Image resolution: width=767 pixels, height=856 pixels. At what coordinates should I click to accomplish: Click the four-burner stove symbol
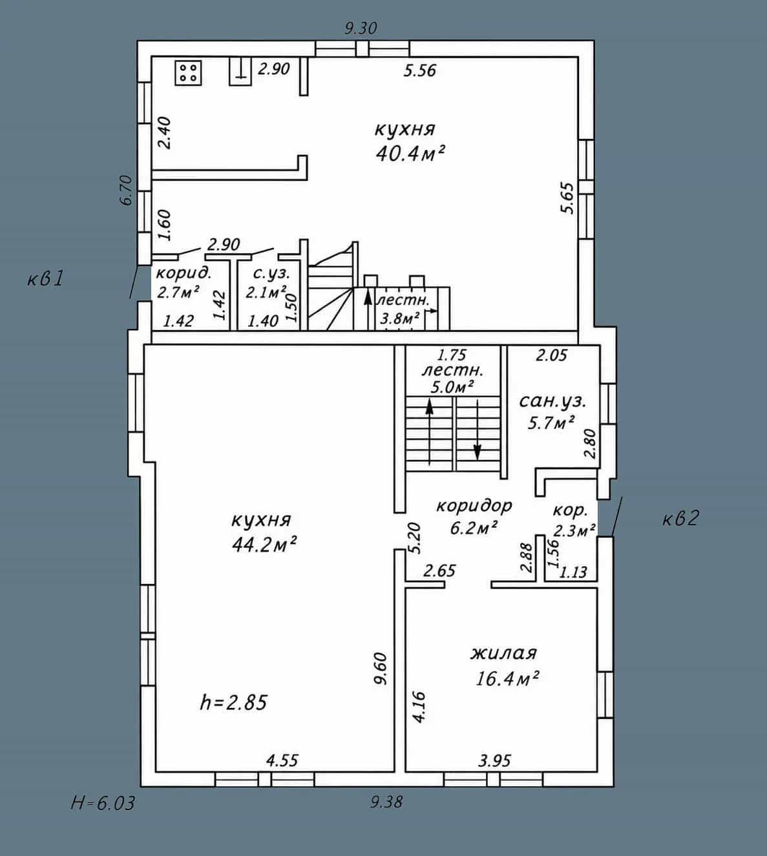pyautogui.click(x=189, y=72)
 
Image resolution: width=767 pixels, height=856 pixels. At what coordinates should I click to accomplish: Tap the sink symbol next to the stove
pyautogui.click(x=240, y=72)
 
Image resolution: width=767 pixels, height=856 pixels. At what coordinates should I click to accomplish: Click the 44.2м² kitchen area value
pyautogui.click(x=264, y=545)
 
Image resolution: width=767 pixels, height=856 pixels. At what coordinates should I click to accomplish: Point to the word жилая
pyautogui.click(x=504, y=652)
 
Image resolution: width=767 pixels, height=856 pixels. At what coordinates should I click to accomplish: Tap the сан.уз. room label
pyautogui.click(x=552, y=401)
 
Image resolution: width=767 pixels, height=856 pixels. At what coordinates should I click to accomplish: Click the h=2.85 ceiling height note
pyautogui.click(x=233, y=703)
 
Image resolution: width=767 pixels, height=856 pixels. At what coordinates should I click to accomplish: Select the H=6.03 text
pyautogui.click(x=103, y=803)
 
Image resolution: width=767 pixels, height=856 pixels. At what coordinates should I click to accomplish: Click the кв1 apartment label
pyautogui.click(x=45, y=279)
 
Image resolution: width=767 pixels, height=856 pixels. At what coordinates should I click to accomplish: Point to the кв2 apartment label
pyautogui.click(x=681, y=518)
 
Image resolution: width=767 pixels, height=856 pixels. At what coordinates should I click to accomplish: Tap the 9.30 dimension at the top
pyautogui.click(x=361, y=28)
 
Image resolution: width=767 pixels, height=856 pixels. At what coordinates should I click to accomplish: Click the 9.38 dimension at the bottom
pyautogui.click(x=386, y=802)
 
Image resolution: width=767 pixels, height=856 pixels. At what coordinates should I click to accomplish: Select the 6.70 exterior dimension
pyautogui.click(x=127, y=190)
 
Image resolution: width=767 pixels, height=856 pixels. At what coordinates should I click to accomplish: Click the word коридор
pyautogui.click(x=474, y=506)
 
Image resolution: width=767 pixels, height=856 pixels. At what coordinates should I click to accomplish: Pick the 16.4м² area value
pyautogui.click(x=507, y=679)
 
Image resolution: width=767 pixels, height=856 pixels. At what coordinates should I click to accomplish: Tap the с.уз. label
pyautogui.click(x=272, y=274)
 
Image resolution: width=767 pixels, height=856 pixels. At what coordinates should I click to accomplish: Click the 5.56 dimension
pyautogui.click(x=419, y=70)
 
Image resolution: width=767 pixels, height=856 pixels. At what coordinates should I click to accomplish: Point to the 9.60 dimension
pyautogui.click(x=381, y=669)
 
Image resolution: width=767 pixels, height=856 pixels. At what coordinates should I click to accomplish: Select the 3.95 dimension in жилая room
pyautogui.click(x=494, y=761)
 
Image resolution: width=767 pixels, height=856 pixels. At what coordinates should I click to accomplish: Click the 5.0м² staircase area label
pyautogui.click(x=452, y=387)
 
